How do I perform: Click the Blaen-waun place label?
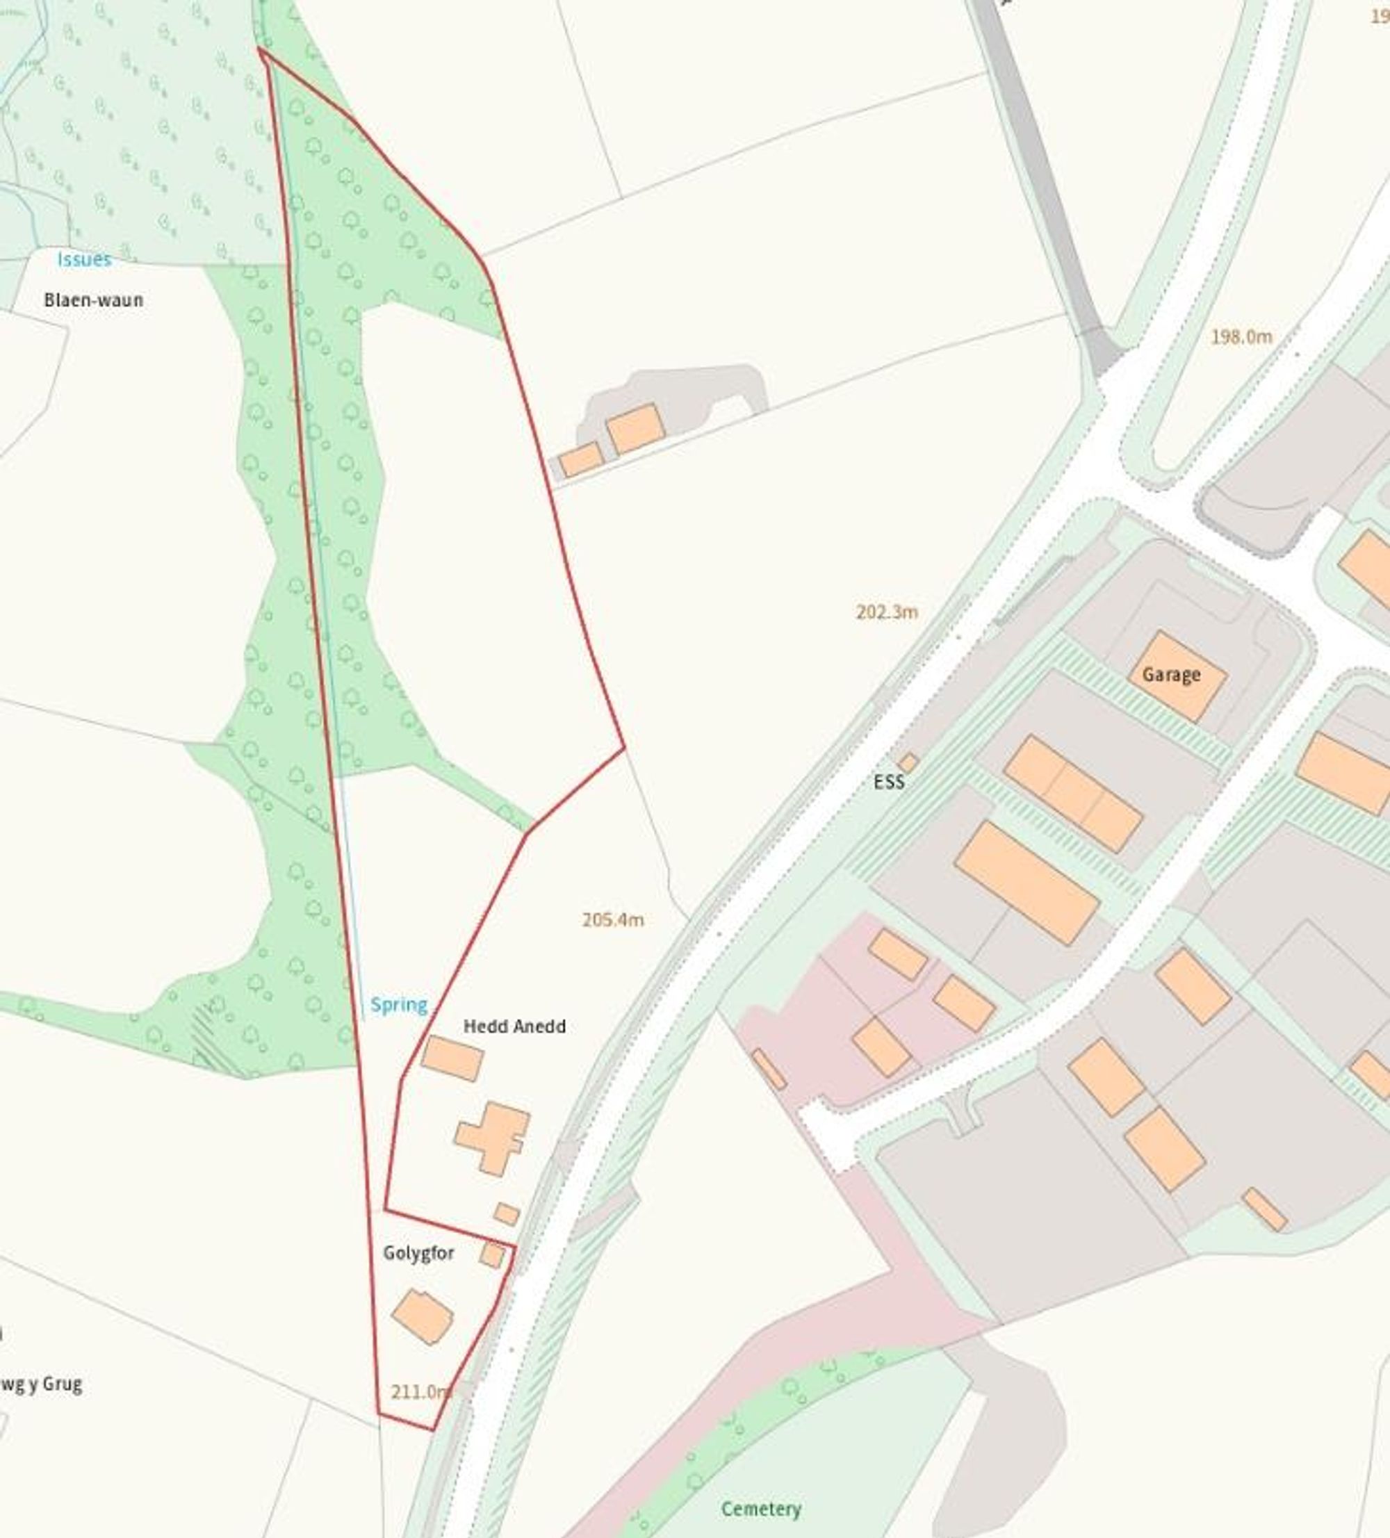pyautogui.click(x=93, y=300)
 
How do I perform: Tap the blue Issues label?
pyautogui.click(x=84, y=259)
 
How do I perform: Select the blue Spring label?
pyautogui.click(x=398, y=1005)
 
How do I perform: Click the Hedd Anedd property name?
pyautogui.click(x=514, y=1027)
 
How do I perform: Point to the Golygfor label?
pyautogui.click(x=418, y=1254)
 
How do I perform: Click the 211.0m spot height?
pyautogui.click(x=420, y=1392)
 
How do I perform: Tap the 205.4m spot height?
pyautogui.click(x=612, y=920)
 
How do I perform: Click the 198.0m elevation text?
pyautogui.click(x=1241, y=336)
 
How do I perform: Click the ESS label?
pyautogui.click(x=889, y=782)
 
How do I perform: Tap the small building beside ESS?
pyautogui.click(x=908, y=763)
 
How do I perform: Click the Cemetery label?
pyautogui.click(x=760, y=1509)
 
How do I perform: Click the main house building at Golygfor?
pyautogui.click(x=423, y=1317)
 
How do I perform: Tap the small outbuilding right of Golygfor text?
pyautogui.click(x=492, y=1256)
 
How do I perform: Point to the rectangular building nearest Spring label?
pyautogui.click(x=452, y=1058)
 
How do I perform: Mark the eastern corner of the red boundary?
pyautogui.click(x=624, y=748)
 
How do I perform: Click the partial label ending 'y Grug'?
pyautogui.click(x=42, y=1384)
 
